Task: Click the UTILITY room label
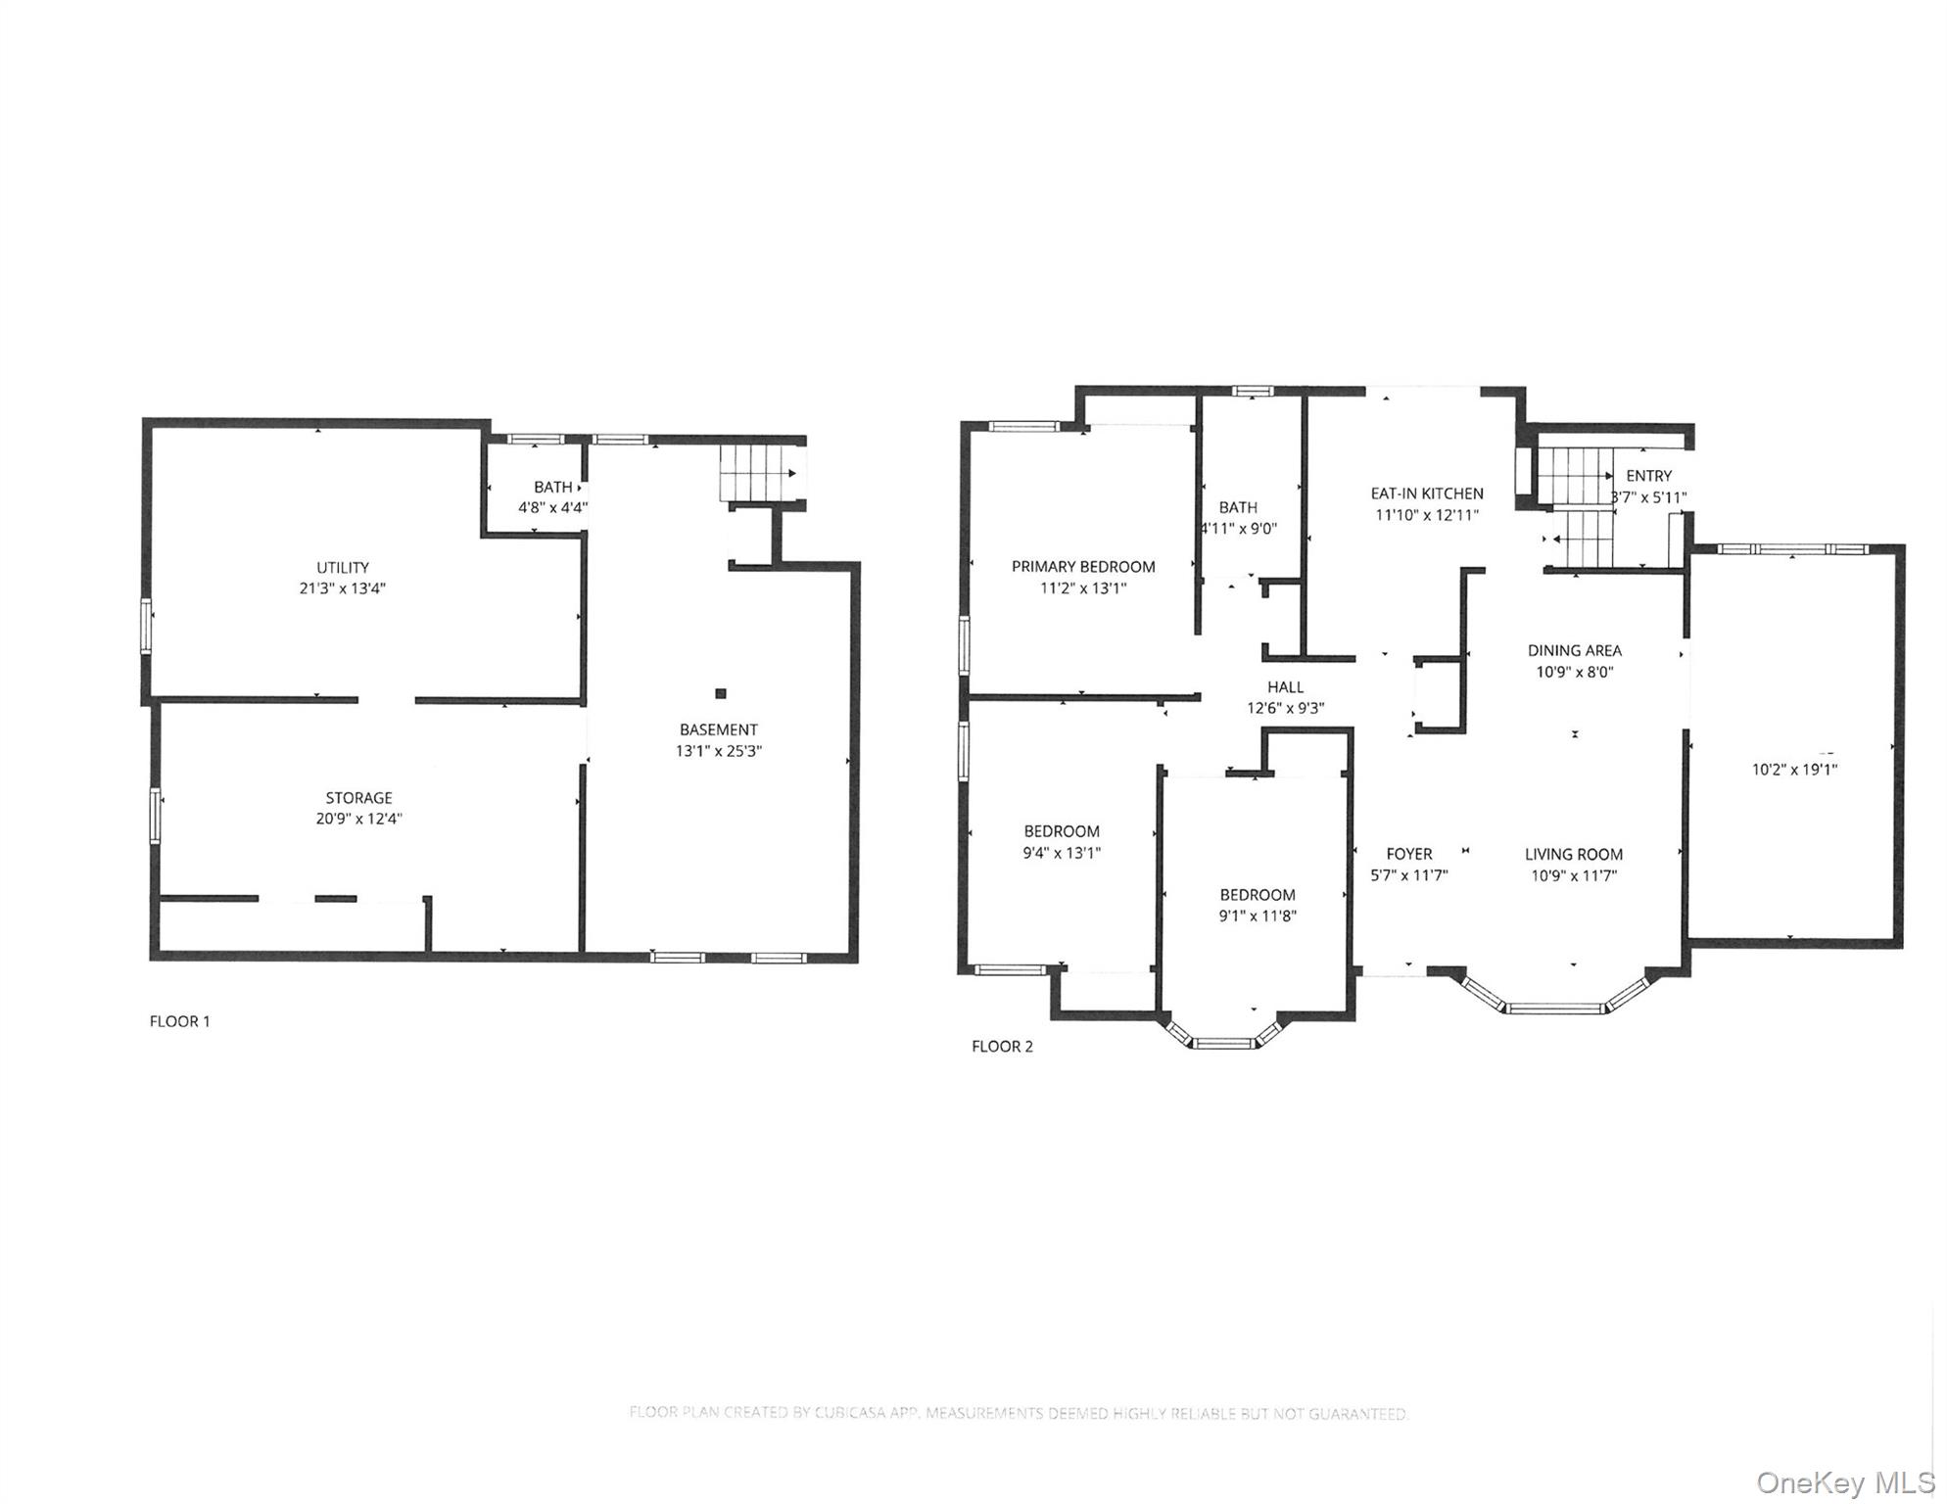(x=342, y=567)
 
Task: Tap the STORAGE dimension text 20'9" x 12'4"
(x=358, y=819)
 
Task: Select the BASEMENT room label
(x=718, y=729)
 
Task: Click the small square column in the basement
(x=720, y=693)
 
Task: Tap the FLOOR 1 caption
(x=179, y=1021)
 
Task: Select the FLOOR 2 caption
(x=1001, y=1047)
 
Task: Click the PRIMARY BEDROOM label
(x=1082, y=566)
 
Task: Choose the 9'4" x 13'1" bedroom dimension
(x=1061, y=853)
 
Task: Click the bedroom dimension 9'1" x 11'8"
(x=1257, y=916)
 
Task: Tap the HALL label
(x=1285, y=686)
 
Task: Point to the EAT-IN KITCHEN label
(x=1426, y=493)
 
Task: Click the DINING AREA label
(x=1574, y=650)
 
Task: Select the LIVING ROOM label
(x=1573, y=854)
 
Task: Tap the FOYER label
(x=1408, y=854)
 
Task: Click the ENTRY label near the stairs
(x=1648, y=476)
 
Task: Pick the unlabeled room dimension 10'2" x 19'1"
(x=1793, y=770)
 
